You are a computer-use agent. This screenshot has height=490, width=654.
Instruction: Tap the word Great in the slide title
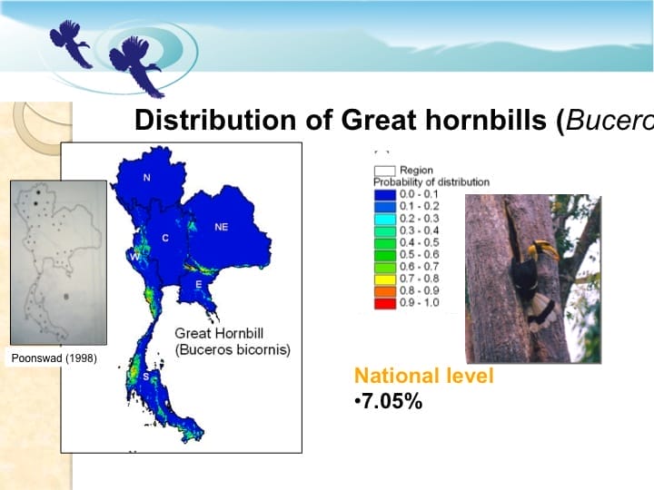point(382,121)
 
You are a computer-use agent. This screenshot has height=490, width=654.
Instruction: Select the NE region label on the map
point(221,227)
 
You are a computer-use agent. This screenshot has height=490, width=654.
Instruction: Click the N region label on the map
point(147,177)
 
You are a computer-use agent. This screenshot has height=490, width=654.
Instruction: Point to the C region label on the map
point(164,238)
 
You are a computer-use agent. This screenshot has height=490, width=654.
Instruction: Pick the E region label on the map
point(198,285)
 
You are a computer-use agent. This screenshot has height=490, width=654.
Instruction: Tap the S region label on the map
point(144,375)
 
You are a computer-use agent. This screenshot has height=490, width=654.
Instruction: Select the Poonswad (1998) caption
point(54,358)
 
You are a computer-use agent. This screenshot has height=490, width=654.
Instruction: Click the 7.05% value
point(390,401)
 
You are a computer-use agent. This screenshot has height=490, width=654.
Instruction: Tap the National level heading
point(423,376)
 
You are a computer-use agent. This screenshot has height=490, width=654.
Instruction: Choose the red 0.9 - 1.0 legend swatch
point(385,301)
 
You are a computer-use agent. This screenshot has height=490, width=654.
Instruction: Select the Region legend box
point(385,170)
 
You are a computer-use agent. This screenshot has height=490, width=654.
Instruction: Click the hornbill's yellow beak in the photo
point(544,247)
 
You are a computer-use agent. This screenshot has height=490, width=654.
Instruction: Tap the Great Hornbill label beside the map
point(223,333)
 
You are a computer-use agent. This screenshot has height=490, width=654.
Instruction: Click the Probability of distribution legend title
point(431,181)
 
